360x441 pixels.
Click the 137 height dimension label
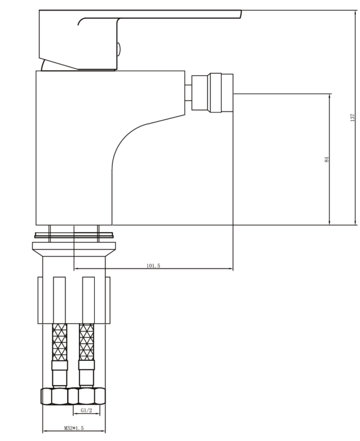pyautogui.click(x=352, y=117)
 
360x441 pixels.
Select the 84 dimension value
pyautogui.click(x=326, y=159)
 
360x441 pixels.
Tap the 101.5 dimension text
pyautogui.click(x=153, y=266)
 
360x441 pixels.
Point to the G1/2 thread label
pyautogui.click(x=86, y=409)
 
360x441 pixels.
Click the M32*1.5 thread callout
pyautogui.click(x=74, y=428)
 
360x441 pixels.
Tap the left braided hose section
pyautogui.click(x=59, y=343)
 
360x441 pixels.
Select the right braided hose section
pyautogui.click(x=87, y=343)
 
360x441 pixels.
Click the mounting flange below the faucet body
pyautogui.click(x=74, y=237)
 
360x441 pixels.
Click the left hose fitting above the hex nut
pyautogui.click(x=59, y=374)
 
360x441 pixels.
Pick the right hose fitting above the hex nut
pyautogui.click(x=87, y=374)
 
